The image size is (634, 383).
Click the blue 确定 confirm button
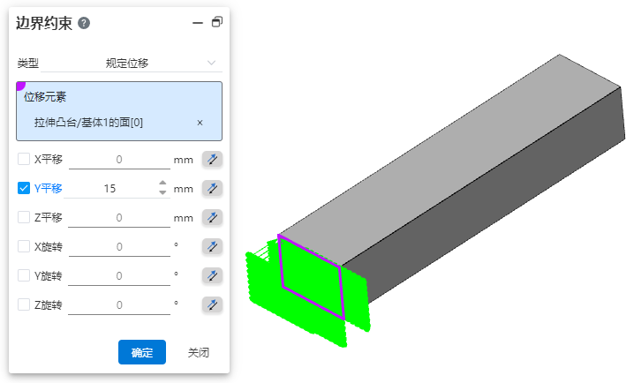click(x=142, y=352)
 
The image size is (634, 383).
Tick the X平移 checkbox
click(x=24, y=159)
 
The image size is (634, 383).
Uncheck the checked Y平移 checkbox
click(x=24, y=188)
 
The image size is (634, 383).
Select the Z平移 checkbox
click(x=24, y=217)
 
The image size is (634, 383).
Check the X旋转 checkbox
click(x=24, y=246)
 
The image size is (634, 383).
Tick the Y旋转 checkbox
click(x=24, y=275)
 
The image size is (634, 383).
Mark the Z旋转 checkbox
click(x=24, y=304)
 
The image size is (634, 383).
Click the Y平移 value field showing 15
click(x=110, y=188)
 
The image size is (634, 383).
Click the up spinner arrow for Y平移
click(x=162, y=183)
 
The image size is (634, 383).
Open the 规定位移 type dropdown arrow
click(x=211, y=63)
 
